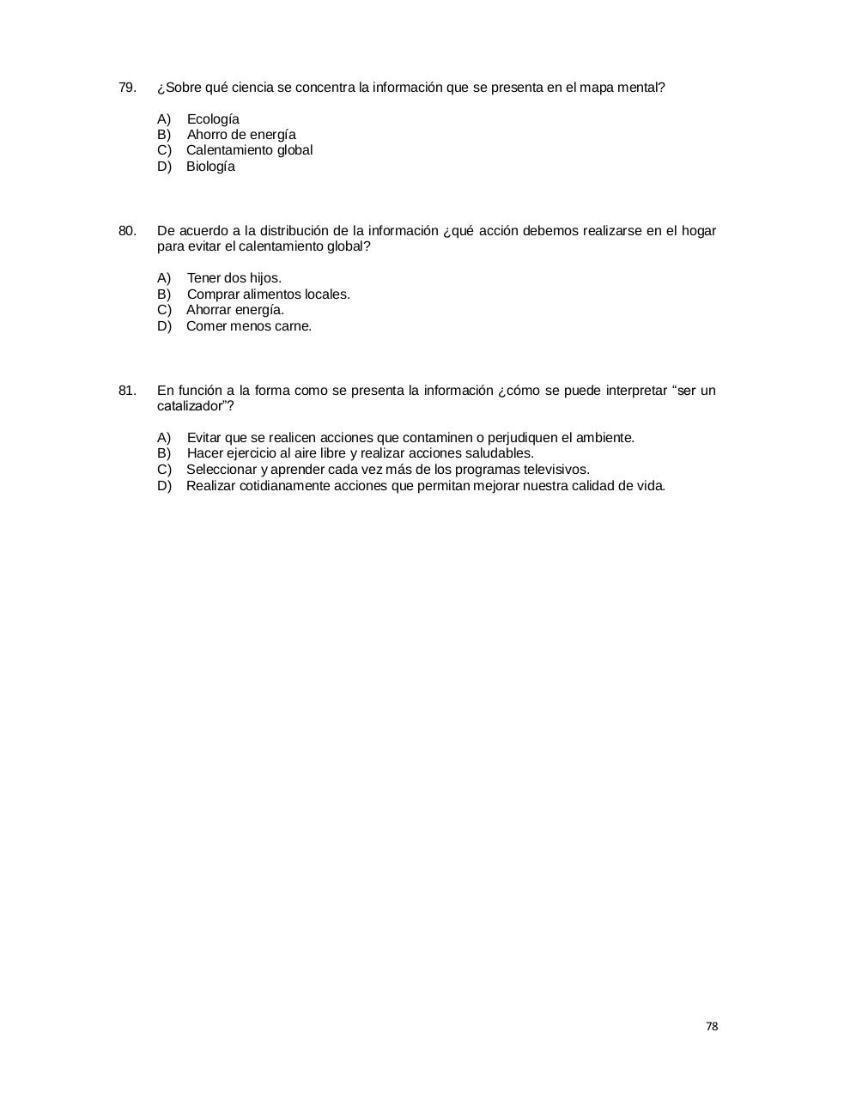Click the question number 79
coord(127,88)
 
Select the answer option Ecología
coord(213,119)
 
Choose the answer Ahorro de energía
coord(241,135)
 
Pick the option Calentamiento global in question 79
coord(249,150)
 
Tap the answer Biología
coord(210,167)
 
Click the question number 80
coord(127,231)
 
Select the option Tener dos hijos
coord(234,278)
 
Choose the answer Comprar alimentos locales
coord(268,294)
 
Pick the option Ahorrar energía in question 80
coord(234,310)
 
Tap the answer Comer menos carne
coord(248,326)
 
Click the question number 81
coord(127,391)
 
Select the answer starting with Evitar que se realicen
coord(410,438)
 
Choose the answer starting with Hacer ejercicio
coord(360,453)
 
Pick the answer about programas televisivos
coord(387,470)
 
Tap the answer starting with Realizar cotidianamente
coord(425,486)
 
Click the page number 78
coord(712,1027)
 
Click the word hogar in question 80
coord(699,231)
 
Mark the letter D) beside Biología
coord(165,167)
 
